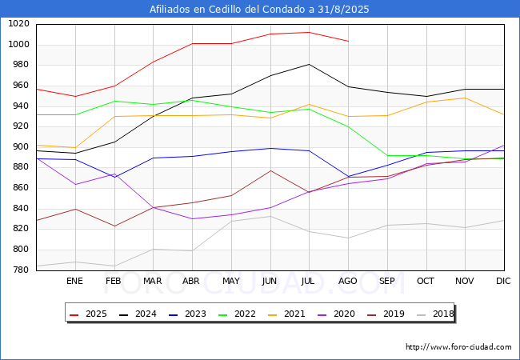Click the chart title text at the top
click(259, 10)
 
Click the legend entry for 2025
click(88, 314)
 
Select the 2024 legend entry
click(138, 314)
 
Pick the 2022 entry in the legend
click(237, 314)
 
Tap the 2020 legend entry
click(336, 314)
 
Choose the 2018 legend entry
click(435, 314)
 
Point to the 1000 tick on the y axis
click(18, 45)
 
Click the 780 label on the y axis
click(22, 270)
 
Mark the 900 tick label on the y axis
click(22, 147)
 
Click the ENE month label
click(74, 281)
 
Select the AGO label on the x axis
click(347, 281)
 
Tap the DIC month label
click(503, 281)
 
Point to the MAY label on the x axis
click(231, 281)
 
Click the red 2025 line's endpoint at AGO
click(348, 41)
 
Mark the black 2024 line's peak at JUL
click(309, 64)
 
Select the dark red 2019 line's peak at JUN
click(270, 170)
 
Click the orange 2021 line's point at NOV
click(466, 98)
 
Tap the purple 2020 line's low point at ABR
click(192, 218)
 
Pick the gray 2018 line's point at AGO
click(348, 238)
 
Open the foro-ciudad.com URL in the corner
click(458, 347)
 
